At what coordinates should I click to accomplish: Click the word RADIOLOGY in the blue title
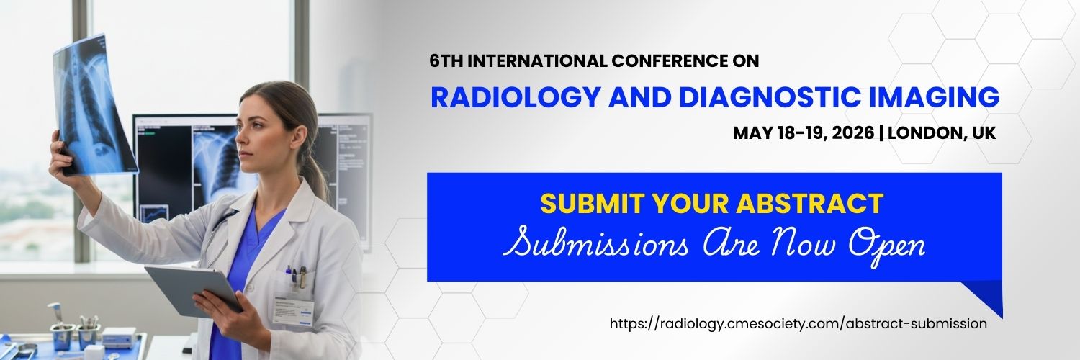515,96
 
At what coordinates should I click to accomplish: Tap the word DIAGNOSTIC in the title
770,96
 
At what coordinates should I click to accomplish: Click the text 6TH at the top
446,61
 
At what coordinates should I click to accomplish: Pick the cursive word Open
886,246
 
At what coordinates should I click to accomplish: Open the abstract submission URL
798,323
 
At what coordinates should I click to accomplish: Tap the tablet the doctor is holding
193,291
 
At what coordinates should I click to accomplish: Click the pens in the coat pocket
295,277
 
